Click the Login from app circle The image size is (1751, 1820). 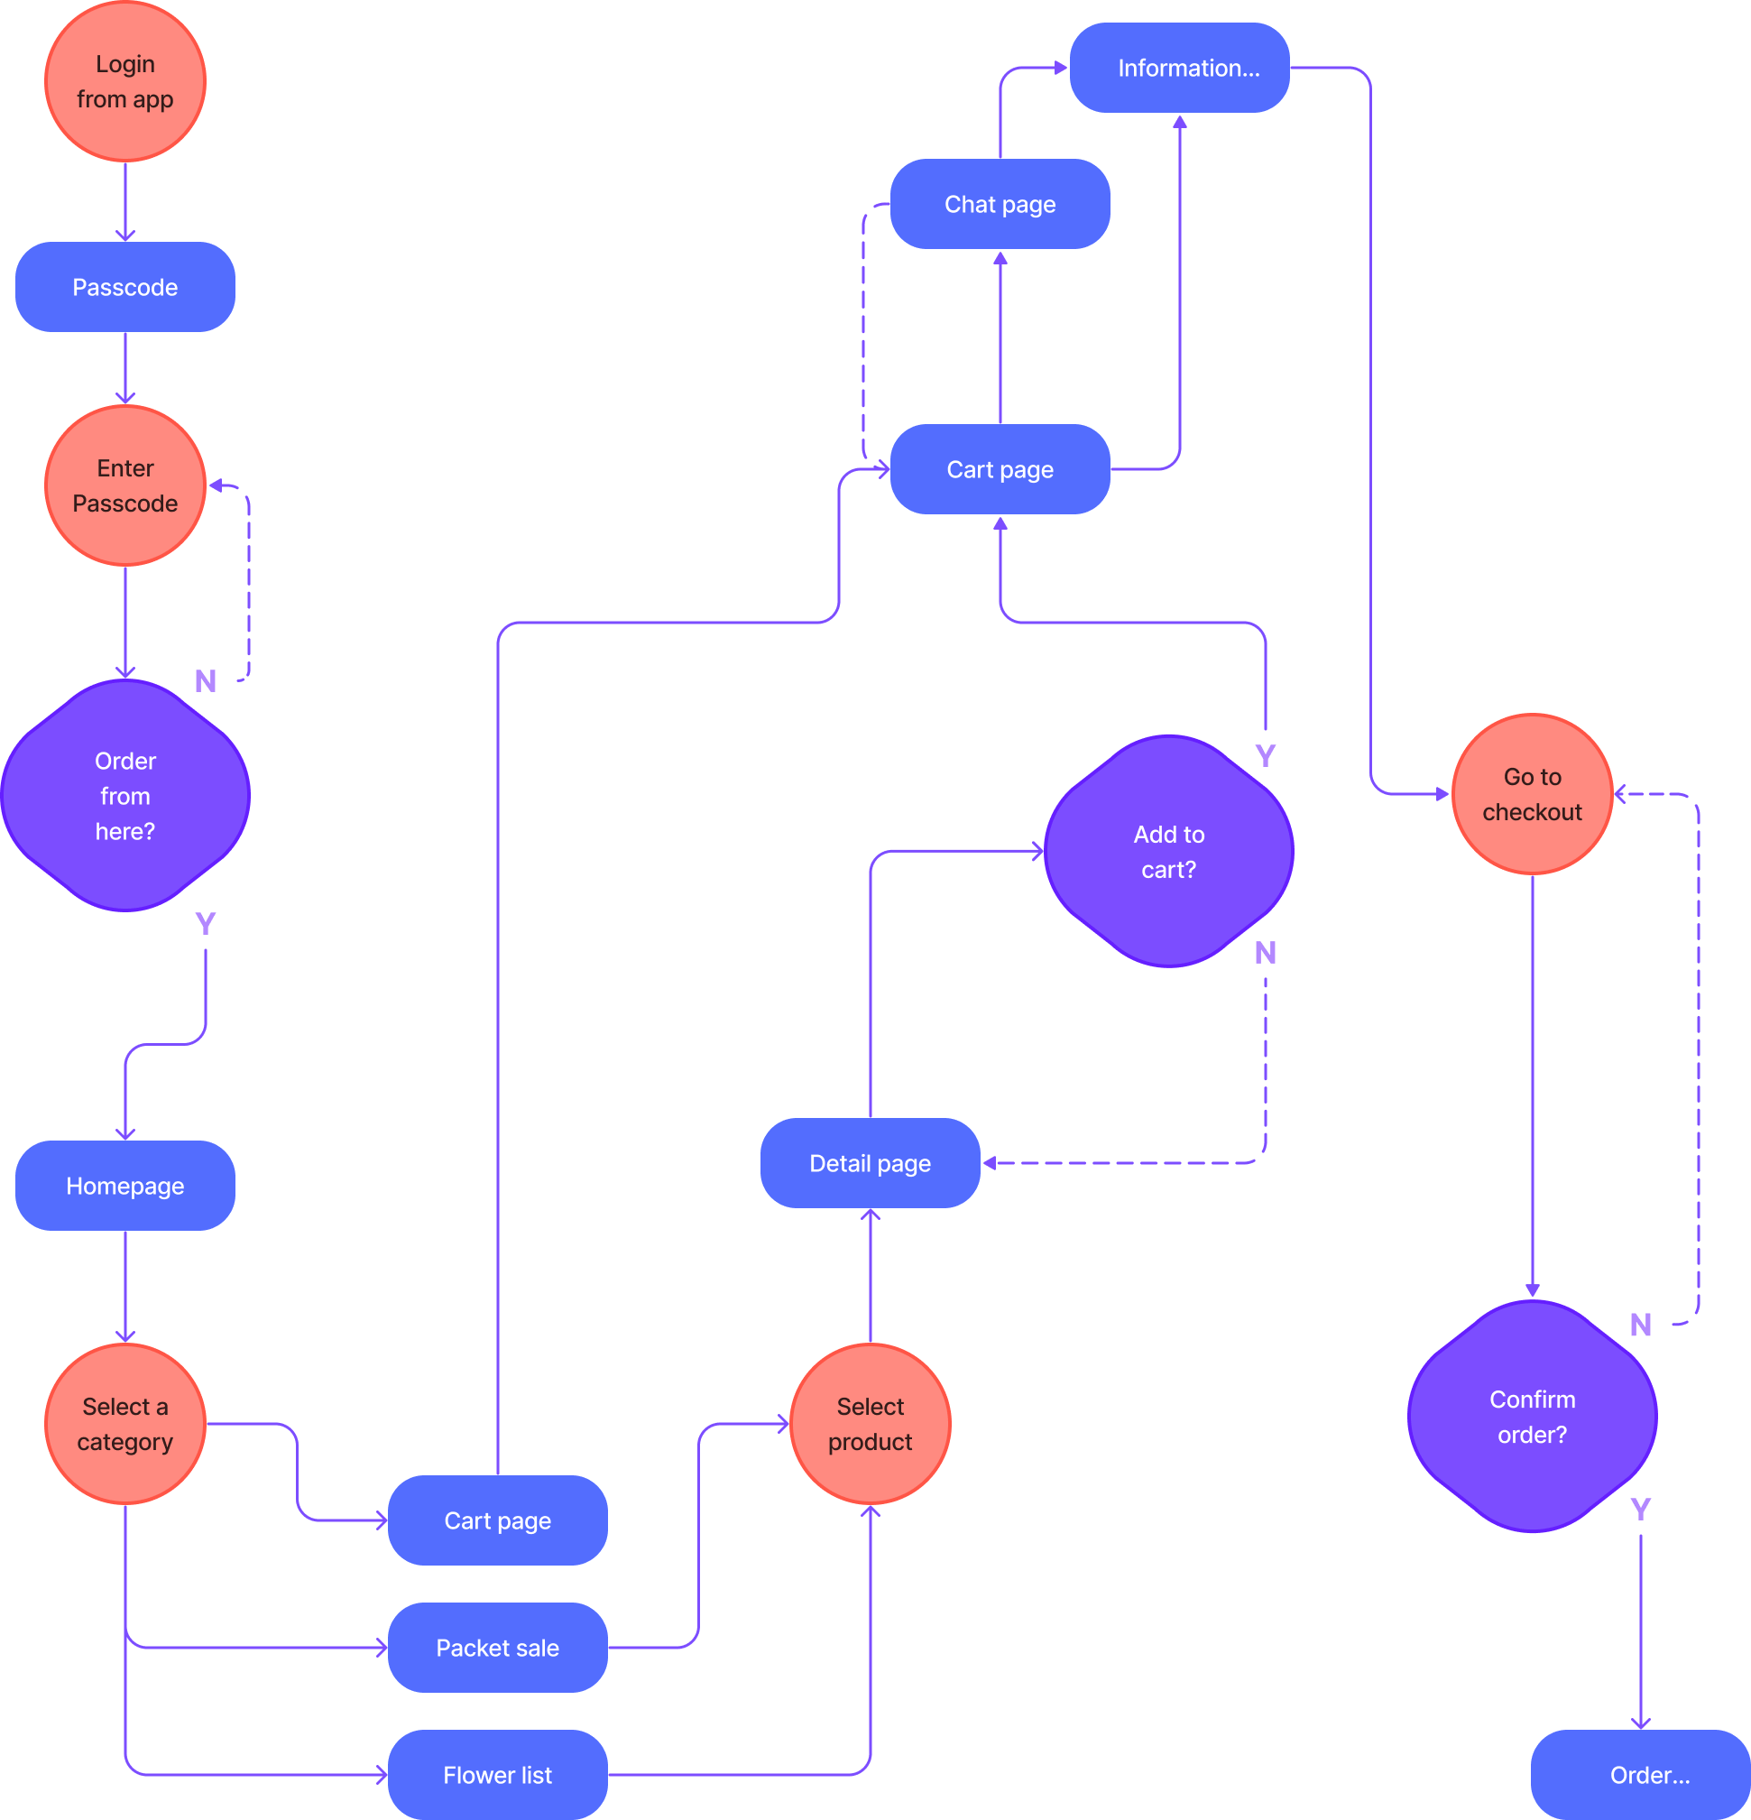(x=125, y=82)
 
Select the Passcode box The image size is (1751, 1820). (x=125, y=287)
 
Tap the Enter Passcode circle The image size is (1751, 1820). (x=125, y=485)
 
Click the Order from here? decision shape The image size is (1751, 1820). (x=125, y=796)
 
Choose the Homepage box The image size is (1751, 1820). (x=125, y=1186)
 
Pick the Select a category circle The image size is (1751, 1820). (x=125, y=1424)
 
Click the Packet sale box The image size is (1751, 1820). (x=498, y=1648)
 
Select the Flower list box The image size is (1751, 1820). (x=498, y=1775)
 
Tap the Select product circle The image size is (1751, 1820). (x=870, y=1424)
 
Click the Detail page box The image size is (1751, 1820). (x=870, y=1163)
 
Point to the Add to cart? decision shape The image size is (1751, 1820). (x=1169, y=852)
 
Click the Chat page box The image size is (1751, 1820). (x=1000, y=204)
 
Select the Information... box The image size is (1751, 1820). (x=1179, y=68)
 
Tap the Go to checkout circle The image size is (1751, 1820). (x=1532, y=794)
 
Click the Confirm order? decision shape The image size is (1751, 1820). (x=1532, y=1416)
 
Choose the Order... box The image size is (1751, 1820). (x=1641, y=1775)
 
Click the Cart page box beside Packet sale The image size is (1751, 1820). (x=498, y=1520)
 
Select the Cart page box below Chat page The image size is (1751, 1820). (x=1000, y=470)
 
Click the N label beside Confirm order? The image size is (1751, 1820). (x=1641, y=1325)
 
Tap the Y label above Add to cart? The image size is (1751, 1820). (x=1265, y=756)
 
